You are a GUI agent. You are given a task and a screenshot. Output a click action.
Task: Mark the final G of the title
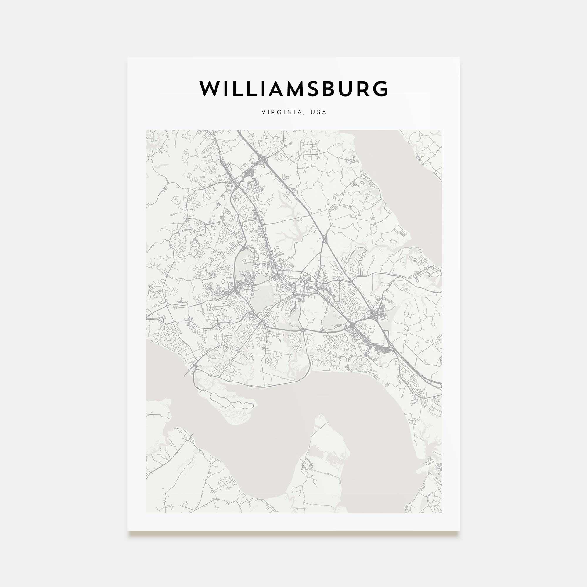(x=381, y=89)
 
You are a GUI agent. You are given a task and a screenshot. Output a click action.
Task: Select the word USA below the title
(x=318, y=112)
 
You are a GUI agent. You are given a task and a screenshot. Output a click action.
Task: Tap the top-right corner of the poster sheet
(x=459, y=58)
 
